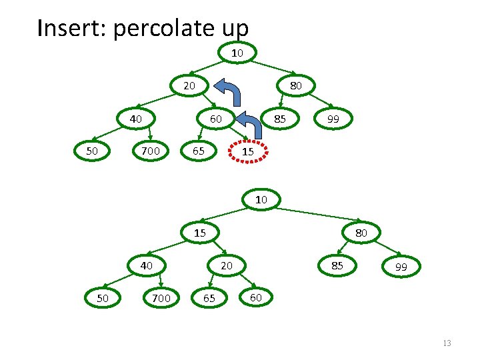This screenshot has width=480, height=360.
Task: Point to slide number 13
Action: (x=447, y=343)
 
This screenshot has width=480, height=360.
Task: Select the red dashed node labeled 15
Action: (x=247, y=153)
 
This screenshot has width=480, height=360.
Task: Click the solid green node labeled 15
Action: (x=200, y=233)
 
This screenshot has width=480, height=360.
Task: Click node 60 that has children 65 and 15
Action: (x=216, y=119)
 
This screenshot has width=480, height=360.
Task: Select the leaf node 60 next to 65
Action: (x=255, y=297)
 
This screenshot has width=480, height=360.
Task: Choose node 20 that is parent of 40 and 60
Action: (x=189, y=85)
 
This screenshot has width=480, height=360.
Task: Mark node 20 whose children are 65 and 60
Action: (x=227, y=265)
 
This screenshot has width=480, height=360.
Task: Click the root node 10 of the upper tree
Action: (x=237, y=52)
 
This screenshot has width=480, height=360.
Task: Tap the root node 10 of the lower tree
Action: (x=261, y=199)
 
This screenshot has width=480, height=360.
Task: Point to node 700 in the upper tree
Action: (x=151, y=151)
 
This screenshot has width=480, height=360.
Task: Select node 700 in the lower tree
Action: (x=161, y=298)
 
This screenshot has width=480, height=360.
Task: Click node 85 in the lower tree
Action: (x=338, y=265)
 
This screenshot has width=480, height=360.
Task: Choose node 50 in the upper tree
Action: (x=93, y=151)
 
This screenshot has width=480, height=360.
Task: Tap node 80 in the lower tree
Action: (x=361, y=233)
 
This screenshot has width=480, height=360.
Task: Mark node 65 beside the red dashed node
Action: (x=199, y=151)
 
